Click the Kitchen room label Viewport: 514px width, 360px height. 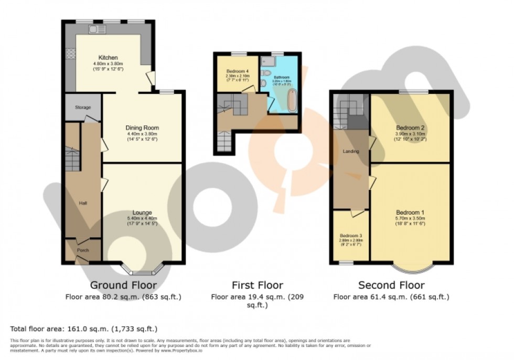click(x=108, y=58)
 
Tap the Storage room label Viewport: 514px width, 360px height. click(x=82, y=108)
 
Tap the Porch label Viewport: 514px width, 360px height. click(x=82, y=250)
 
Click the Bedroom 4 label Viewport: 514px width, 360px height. click(x=237, y=71)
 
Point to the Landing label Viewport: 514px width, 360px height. click(x=350, y=152)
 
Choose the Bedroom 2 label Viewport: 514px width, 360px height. click(x=410, y=128)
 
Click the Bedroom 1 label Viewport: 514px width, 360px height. click(x=410, y=213)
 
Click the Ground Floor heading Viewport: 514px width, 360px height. click(x=123, y=285)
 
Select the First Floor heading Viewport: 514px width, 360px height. click(x=257, y=285)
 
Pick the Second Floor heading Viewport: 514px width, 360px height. click(x=391, y=285)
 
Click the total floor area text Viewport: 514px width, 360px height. click(x=84, y=329)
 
